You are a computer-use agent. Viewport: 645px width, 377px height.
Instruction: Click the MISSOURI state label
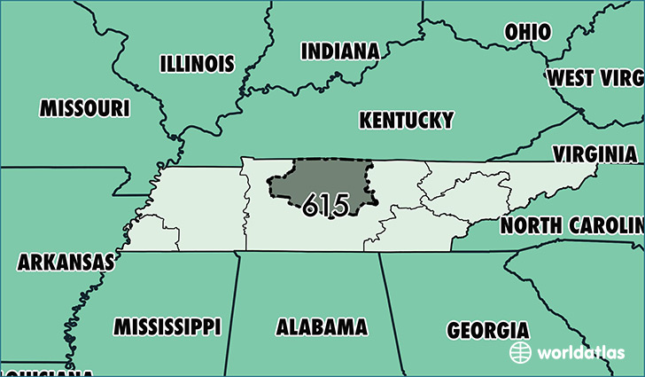coord(85,108)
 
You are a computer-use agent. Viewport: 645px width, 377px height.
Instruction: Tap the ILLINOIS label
coord(197,64)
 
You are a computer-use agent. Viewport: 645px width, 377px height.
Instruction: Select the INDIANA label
coord(340,51)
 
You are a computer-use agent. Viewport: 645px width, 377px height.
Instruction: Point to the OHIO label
coord(527,32)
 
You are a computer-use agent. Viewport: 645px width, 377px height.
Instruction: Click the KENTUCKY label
coord(406,120)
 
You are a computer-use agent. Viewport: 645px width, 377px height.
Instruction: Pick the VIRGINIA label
coord(594,153)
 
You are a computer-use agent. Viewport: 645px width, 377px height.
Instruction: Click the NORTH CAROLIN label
coord(572,224)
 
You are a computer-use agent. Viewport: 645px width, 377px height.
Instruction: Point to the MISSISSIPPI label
coord(167,326)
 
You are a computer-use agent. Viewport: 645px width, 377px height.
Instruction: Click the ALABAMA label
coord(322,326)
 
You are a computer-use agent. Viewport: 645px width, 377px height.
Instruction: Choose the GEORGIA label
coord(487,330)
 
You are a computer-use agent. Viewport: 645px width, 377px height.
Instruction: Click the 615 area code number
coord(325,205)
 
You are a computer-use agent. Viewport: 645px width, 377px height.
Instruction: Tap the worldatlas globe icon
coord(520,352)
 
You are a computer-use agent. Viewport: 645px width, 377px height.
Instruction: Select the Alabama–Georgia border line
coord(395,310)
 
